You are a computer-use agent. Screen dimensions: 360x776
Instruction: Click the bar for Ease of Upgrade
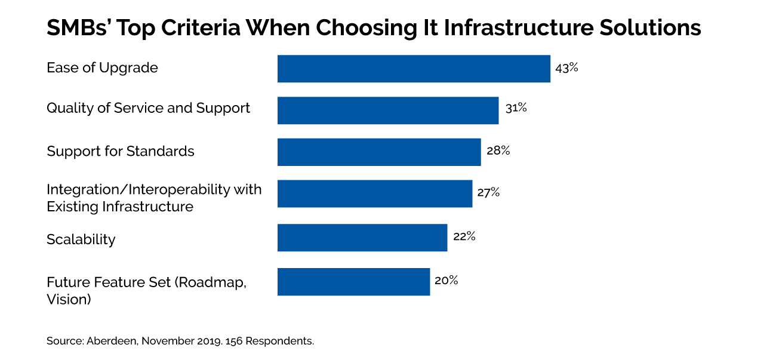(413, 69)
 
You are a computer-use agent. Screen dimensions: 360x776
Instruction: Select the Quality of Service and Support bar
(387, 110)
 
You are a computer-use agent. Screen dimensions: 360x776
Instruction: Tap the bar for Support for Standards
(378, 152)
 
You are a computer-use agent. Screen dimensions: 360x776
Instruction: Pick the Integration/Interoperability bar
(374, 194)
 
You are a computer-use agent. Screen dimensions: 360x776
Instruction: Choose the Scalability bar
(362, 238)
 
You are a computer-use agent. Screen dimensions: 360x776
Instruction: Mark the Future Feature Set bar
(353, 282)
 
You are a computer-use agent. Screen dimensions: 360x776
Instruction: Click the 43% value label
(566, 67)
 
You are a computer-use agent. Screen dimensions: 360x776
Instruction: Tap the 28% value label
(498, 150)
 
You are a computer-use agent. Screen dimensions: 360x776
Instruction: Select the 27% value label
(488, 193)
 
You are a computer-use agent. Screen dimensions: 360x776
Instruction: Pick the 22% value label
(464, 236)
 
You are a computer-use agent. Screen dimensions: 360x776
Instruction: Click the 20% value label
(446, 280)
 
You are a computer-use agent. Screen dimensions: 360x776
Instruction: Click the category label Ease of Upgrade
(102, 68)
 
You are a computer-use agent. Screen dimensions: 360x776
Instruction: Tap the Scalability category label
(81, 239)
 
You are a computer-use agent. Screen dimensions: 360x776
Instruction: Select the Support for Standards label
(121, 152)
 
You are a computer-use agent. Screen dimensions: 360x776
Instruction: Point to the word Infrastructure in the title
(515, 28)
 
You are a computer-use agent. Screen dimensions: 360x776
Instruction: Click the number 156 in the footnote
(235, 341)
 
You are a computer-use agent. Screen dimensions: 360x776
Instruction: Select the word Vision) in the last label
(69, 299)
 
